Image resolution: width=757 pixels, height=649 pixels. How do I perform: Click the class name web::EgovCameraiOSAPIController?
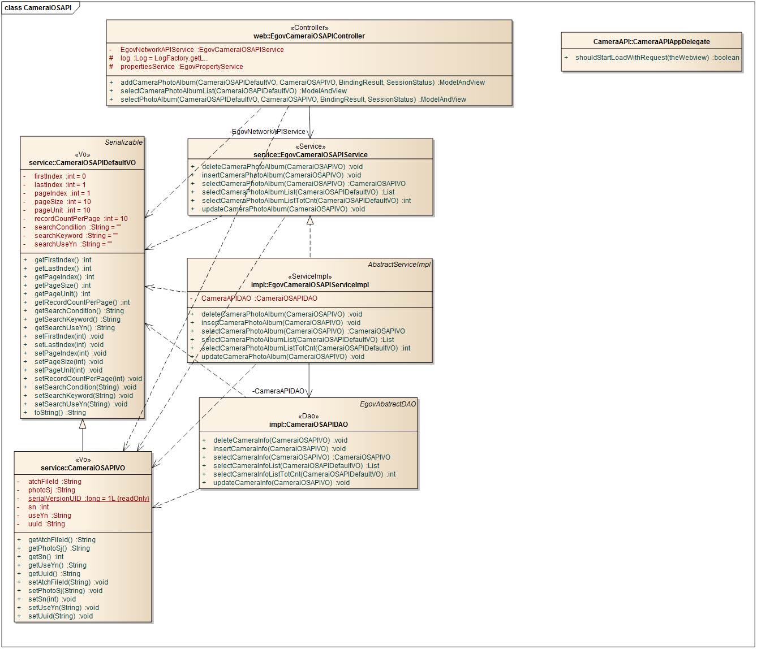pos(309,36)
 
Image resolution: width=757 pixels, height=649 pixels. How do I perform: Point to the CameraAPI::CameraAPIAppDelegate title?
pos(651,42)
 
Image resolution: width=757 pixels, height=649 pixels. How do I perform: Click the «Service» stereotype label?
pos(310,146)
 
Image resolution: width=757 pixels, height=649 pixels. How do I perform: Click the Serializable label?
pos(124,142)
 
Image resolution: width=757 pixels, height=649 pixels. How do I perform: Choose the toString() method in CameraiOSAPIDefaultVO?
pos(60,413)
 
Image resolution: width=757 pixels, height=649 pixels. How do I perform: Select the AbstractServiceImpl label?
pos(399,264)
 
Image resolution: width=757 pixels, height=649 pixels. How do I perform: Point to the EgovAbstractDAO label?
pos(388,404)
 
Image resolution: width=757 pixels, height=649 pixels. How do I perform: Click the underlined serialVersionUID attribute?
pos(88,499)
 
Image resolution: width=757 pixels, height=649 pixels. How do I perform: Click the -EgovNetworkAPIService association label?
pos(268,132)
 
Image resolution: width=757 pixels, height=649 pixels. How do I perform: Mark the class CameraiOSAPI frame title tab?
pos(38,8)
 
